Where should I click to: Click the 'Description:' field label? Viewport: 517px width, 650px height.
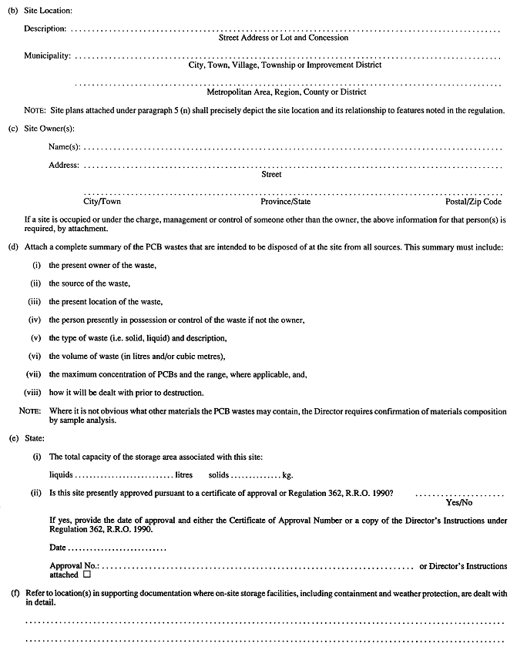45,29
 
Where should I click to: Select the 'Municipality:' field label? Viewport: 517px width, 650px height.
47,56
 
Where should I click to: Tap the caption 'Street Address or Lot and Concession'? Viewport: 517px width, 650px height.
284,38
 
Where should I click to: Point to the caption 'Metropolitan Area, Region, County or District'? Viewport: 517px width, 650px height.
286,92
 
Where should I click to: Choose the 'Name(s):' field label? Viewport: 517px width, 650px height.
64,146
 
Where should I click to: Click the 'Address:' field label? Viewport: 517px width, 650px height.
63,166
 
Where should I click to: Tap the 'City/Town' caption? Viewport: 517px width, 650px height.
102,202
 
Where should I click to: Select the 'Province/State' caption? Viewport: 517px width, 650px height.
286,202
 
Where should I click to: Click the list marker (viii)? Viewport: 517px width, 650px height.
33,393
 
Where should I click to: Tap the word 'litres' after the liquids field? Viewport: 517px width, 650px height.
183,475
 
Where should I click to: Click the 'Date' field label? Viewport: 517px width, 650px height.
57,548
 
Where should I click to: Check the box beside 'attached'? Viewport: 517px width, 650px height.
87,575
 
